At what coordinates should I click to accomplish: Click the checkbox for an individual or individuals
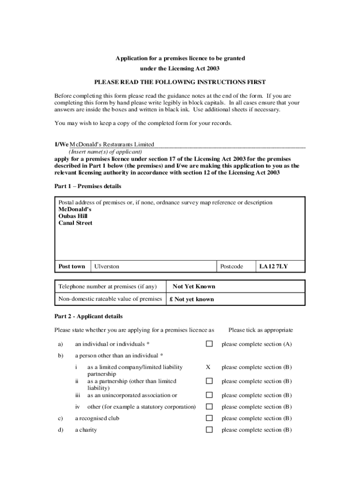(x=209, y=344)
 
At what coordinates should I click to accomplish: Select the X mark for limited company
(x=208, y=367)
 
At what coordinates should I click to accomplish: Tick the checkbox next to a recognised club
(x=209, y=418)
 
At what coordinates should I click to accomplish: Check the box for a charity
(x=209, y=430)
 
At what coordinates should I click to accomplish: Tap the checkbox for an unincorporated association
(x=209, y=395)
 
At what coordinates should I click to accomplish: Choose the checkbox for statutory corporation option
(x=209, y=407)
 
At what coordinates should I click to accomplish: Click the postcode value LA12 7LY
(x=274, y=267)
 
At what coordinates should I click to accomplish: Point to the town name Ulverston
(x=107, y=267)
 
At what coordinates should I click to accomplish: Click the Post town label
(x=72, y=267)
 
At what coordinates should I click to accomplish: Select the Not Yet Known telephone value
(x=194, y=286)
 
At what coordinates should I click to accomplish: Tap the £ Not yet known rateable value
(x=192, y=299)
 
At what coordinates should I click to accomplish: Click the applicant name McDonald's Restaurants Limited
(x=112, y=145)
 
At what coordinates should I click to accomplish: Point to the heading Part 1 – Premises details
(x=88, y=186)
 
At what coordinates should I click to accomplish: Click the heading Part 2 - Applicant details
(x=88, y=316)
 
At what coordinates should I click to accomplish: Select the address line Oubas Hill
(x=73, y=216)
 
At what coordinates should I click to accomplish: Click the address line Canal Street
(x=75, y=223)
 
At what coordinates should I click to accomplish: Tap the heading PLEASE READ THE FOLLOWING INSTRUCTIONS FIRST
(x=180, y=82)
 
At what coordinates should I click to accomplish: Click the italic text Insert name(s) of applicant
(x=105, y=152)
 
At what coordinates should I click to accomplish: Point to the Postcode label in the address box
(x=231, y=267)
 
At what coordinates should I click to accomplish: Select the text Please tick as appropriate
(x=260, y=330)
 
